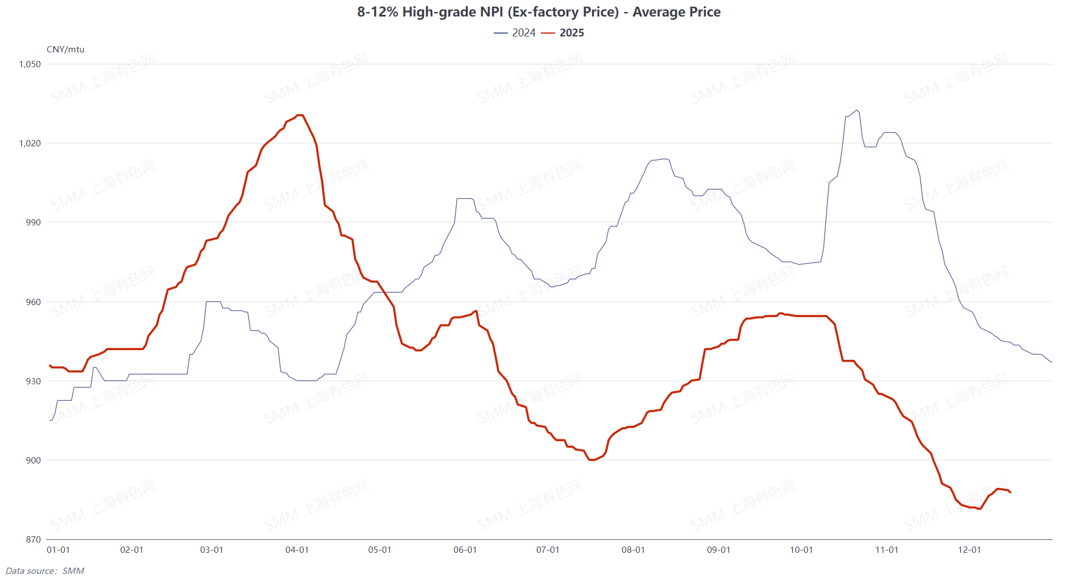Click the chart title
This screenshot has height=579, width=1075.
[538, 12]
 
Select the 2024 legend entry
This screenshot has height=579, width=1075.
[515, 33]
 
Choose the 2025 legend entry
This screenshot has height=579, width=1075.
[563, 33]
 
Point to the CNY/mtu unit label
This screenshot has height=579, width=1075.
[65, 50]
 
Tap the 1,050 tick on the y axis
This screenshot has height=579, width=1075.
[30, 64]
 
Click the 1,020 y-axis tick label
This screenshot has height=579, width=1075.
[30, 143]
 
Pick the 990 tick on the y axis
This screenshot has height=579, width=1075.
[33, 223]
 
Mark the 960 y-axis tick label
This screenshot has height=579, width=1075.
[33, 302]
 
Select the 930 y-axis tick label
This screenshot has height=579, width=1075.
[33, 381]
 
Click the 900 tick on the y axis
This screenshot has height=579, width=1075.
[33, 460]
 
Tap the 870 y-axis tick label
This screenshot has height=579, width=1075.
[33, 539]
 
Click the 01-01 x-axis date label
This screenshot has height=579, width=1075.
[58, 550]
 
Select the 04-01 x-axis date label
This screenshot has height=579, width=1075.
[297, 550]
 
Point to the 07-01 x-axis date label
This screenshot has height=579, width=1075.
[548, 550]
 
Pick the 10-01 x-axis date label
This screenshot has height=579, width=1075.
[801, 550]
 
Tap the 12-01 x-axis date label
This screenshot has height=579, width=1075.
[969, 550]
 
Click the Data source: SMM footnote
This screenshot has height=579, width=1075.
[45, 570]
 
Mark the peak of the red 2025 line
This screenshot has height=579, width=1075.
[300, 115]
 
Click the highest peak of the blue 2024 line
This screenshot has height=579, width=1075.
[857, 110]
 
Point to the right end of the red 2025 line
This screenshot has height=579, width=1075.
[1010, 492]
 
